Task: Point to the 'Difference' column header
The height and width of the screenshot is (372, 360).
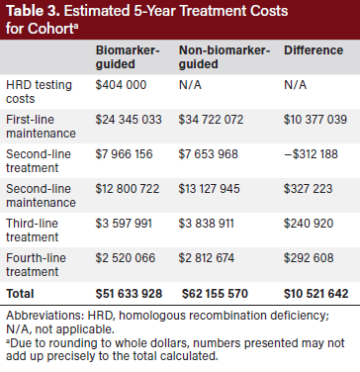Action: pos(315,48)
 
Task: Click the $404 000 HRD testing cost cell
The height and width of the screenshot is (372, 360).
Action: pos(121,86)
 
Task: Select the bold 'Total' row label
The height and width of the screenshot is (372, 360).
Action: pos(21,294)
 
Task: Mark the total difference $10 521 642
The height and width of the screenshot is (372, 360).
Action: pos(315,294)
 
